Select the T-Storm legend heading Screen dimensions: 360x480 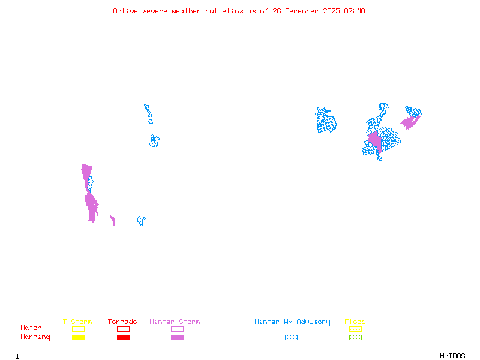[77, 322]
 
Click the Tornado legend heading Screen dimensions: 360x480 [122, 322]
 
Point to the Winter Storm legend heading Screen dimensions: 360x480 [175, 322]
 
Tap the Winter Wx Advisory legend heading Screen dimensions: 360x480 [292, 322]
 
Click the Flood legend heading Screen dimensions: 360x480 [355, 322]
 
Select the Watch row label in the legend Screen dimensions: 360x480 [31, 328]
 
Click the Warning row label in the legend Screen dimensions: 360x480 [35, 337]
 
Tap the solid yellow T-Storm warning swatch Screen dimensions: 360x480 [78, 337]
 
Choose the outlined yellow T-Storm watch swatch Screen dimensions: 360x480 [78, 329]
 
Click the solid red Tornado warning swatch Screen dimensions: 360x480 [123, 337]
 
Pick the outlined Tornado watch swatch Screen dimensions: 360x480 [123, 329]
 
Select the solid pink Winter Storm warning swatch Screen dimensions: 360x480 [177, 337]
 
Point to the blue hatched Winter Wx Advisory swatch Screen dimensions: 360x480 [291, 337]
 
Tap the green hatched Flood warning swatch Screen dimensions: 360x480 [355, 337]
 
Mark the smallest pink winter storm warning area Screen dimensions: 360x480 [113, 221]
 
